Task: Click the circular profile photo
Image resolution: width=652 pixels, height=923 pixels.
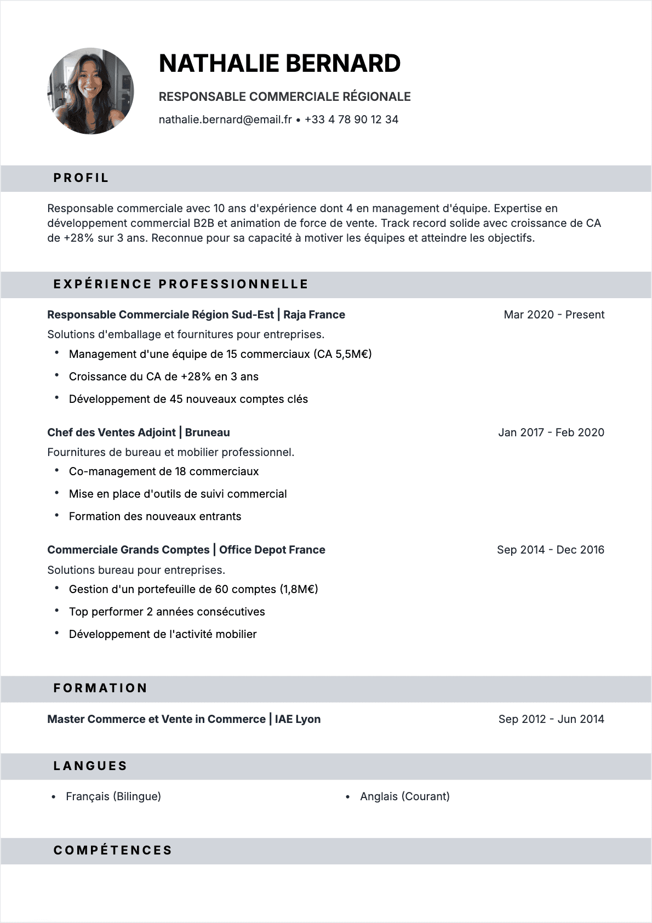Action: tap(90, 91)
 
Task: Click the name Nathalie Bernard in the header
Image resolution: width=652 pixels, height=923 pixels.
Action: tap(279, 64)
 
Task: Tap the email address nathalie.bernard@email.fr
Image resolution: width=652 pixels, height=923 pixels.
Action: tap(225, 119)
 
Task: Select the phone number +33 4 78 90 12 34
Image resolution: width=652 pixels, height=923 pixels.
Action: tap(351, 119)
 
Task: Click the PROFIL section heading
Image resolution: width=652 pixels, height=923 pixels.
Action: tap(81, 178)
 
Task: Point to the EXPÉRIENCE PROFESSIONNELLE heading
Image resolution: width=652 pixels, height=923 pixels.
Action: tap(181, 284)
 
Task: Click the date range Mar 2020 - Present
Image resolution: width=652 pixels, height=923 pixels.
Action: tap(553, 315)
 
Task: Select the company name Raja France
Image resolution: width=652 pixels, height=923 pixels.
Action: tap(314, 315)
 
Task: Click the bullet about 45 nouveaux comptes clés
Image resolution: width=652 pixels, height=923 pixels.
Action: tap(188, 399)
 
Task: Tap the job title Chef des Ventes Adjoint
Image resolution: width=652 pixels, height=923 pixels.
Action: tap(111, 432)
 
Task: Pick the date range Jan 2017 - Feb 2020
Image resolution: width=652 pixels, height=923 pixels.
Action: tap(551, 432)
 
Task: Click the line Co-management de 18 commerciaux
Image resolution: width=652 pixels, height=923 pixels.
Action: tap(163, 471)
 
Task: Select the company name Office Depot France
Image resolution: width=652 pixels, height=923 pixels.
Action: tap(272, 550)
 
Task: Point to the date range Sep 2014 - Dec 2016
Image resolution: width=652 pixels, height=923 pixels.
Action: tap(550, 550)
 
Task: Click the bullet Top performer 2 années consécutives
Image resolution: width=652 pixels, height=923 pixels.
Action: tap(167, 612)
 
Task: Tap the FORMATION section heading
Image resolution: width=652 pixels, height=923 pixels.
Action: tap(100, 688)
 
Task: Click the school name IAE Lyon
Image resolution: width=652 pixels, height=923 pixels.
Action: tap(298, 719)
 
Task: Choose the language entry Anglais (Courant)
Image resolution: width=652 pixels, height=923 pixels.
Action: tap(404, 796)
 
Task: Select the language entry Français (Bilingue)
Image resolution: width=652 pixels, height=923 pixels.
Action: tap(113, 796)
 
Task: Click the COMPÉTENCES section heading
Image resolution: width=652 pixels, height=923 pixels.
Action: tap(113, 851)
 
